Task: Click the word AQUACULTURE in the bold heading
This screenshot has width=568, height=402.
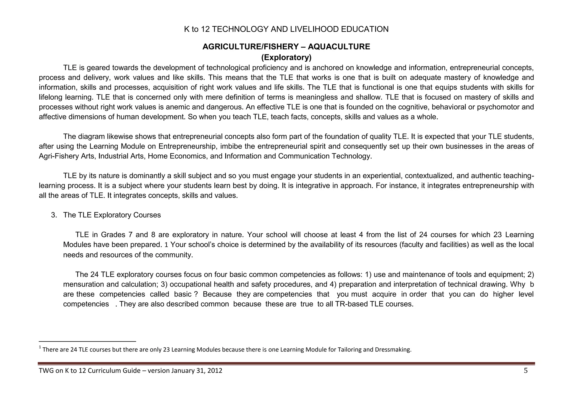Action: [339, 47]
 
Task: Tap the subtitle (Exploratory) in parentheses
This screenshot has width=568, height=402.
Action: [286, 57]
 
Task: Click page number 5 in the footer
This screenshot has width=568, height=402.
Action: [526, 371]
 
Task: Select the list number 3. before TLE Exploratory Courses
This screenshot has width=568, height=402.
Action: [54, 215]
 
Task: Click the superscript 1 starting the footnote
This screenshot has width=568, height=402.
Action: [40, 347]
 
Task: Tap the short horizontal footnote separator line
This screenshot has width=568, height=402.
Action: [87, 341]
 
